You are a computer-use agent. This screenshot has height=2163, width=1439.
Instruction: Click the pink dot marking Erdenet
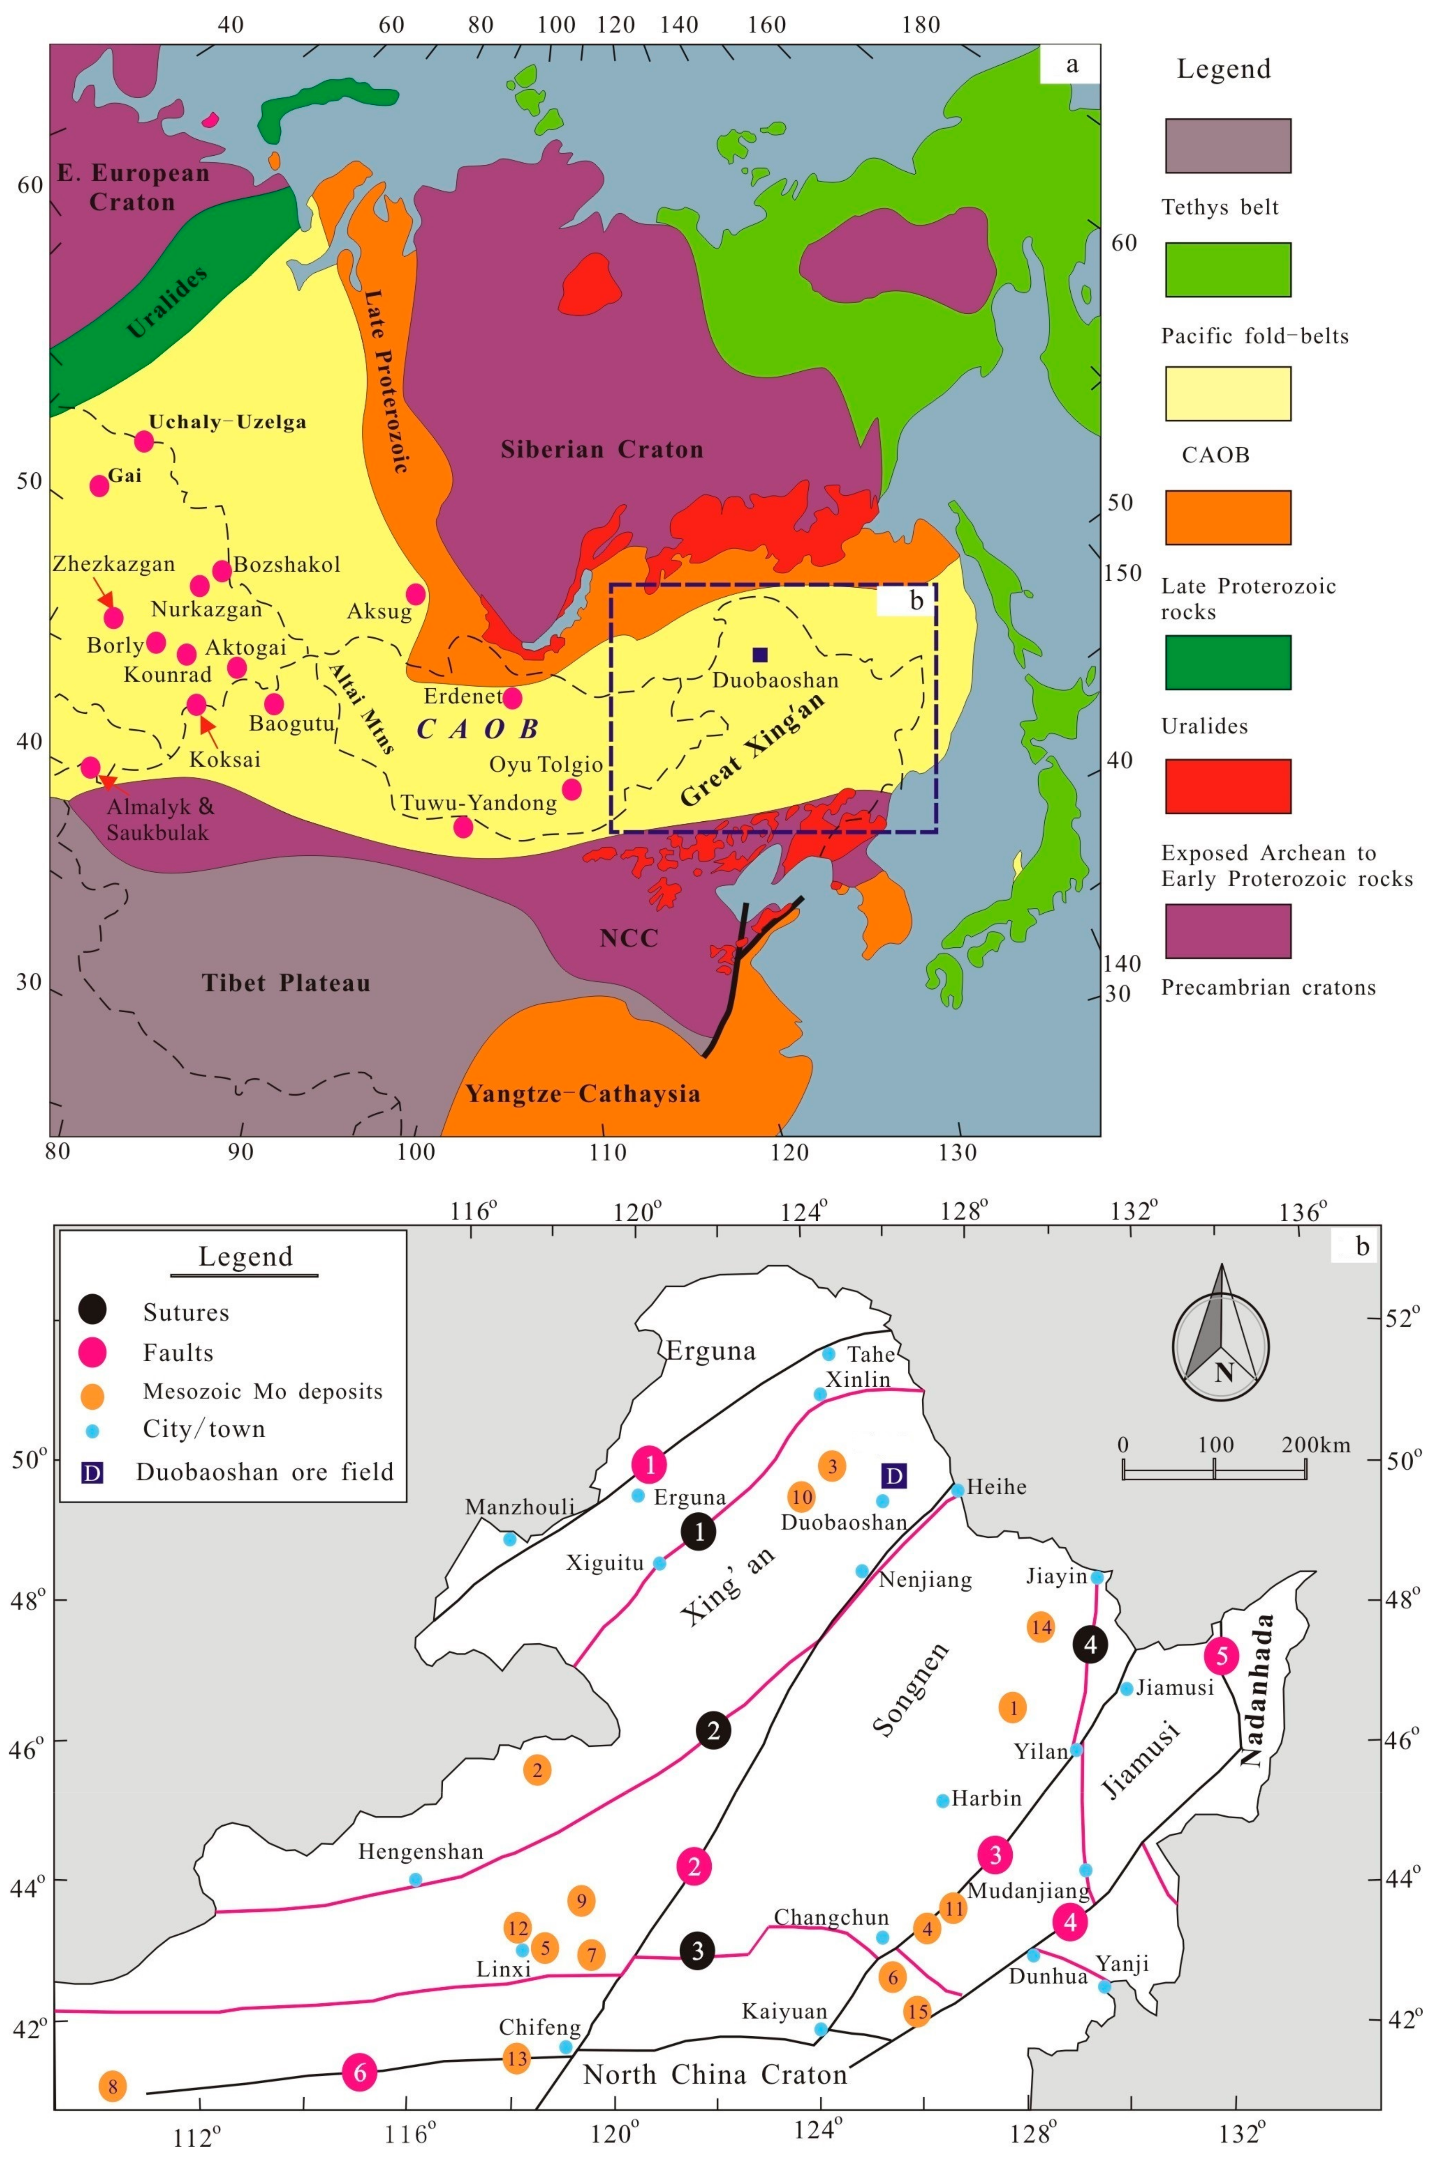coord(512,698)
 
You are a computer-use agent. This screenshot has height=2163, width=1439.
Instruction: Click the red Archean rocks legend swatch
coord(1227,786)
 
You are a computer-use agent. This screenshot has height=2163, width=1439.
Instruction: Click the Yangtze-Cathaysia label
coord(583,1093)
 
